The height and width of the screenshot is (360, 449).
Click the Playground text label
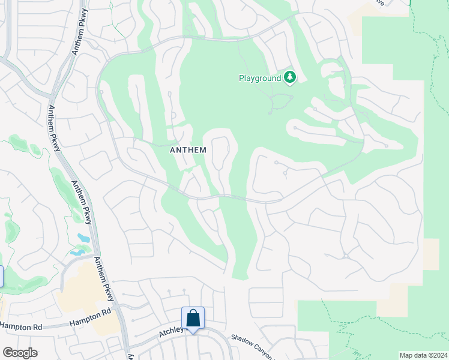tap(260, 78)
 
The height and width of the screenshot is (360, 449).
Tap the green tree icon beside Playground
tap(291, 77)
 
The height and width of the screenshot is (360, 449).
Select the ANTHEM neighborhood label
tap(188, 150)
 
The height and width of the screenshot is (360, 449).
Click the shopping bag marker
tap(193, 317)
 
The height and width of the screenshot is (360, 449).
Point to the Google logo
tap(20, 353)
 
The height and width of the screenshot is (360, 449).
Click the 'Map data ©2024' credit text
tap(423, 355)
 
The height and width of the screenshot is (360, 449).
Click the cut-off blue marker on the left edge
tap(1, 277)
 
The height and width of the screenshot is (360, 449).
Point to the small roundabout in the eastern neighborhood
tap(346, 256)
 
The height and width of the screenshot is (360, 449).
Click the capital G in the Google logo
tap(8, 353)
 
